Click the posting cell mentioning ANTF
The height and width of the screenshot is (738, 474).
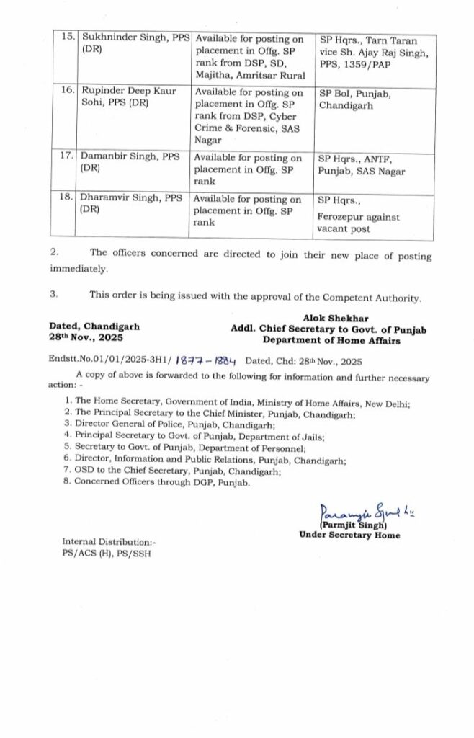361,165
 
